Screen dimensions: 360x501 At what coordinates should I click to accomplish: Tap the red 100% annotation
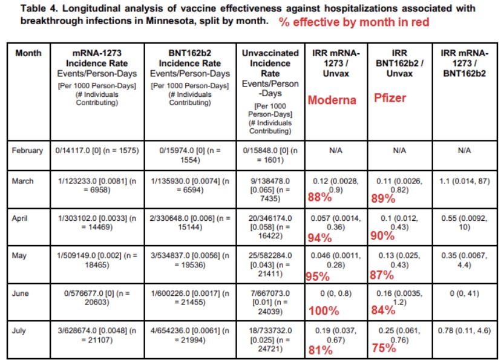click(322, 311)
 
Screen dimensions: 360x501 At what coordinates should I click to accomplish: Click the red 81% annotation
click(320, 349)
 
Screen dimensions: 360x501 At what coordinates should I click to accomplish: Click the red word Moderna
click(332, 100)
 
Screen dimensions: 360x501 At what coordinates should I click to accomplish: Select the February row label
click(28, 150)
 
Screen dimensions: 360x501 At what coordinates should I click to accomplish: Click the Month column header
click(28, 53)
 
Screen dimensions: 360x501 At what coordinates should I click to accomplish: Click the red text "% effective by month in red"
click(354, 22)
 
